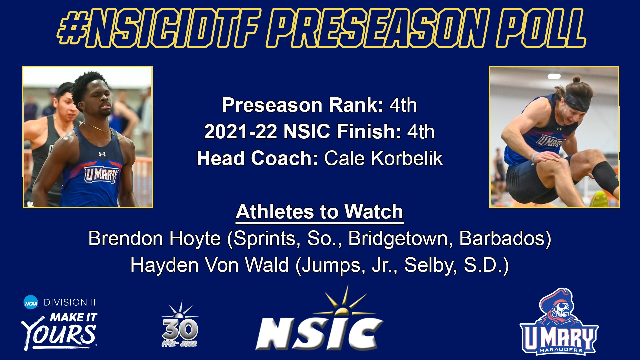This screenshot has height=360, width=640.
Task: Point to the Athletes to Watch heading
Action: click(320, 212)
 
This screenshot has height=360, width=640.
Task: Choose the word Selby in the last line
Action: click(430, 265)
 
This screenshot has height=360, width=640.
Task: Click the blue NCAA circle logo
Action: click(31, 302)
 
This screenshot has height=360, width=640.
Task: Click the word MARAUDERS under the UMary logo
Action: click(561, 350)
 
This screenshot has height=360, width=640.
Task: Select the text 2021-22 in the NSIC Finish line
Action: click(240, 132)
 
